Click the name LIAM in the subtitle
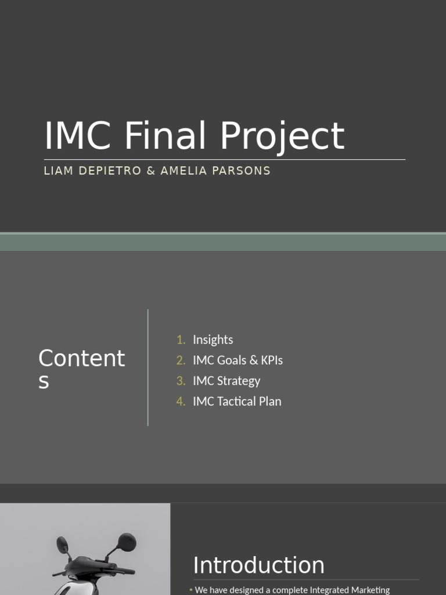coord(58,171)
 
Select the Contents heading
coord(81,369)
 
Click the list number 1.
coord(181,340)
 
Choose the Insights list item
coord(213,340)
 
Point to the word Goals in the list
coord(231,360)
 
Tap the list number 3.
coord(181,381)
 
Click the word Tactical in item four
coord(236,402)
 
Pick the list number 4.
coord(181,402)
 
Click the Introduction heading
coord(258,565)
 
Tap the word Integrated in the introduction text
coord(334,590)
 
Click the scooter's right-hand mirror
coord(126,542)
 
